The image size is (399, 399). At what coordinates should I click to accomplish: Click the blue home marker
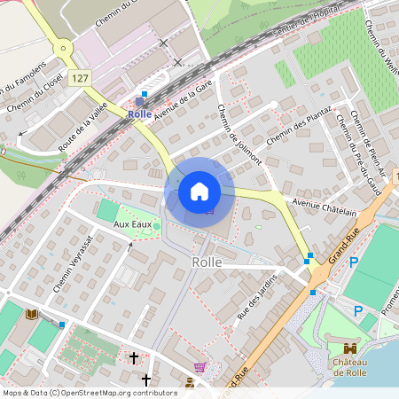(199, 191)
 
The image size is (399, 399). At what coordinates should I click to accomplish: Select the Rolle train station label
(139, 113)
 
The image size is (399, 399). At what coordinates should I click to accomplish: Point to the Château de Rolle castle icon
(349, 348)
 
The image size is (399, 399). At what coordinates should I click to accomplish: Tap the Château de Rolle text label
(350, 367)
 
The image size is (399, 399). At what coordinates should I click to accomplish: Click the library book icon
(33, 315)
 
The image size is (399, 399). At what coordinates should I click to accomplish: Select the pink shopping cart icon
(200, 367)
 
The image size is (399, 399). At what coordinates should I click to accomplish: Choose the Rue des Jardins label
(257, 296)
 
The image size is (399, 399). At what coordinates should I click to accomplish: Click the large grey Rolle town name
(207, 262)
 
